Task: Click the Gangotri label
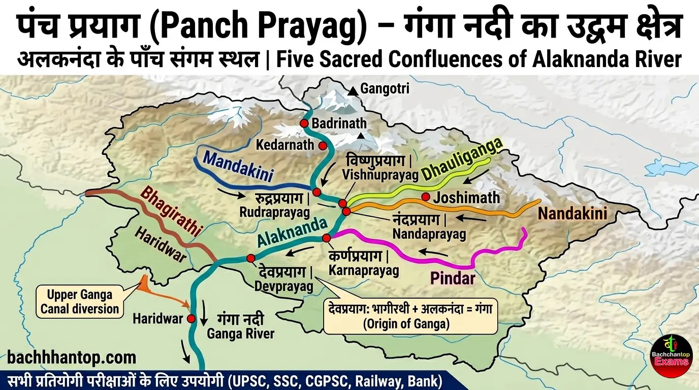pyautogui.click(x=385, y=89)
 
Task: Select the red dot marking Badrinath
pyautogui.click(x=304, y=123)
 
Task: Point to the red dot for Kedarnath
pyautogui.click(x=323, y=146)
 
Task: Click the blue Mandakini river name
pyautogui.click(x=238, y=166)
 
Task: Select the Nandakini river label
pyautogui.click(x=573, y=213)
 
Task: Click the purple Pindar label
pyautogui.click(x=453, y=278)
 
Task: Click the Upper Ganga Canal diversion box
pyautogui.click(x=80, y=302)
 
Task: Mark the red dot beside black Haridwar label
pyautogui.click(x=191, y=319)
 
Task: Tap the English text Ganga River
pyautogui.click(x=240, y=334)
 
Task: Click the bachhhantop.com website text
pyautogui.click(x=72, y=357)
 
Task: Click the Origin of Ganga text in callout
pyautogui.click(x=406, y=324)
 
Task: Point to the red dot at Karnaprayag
pyautogui.click(x=326, y=238)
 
